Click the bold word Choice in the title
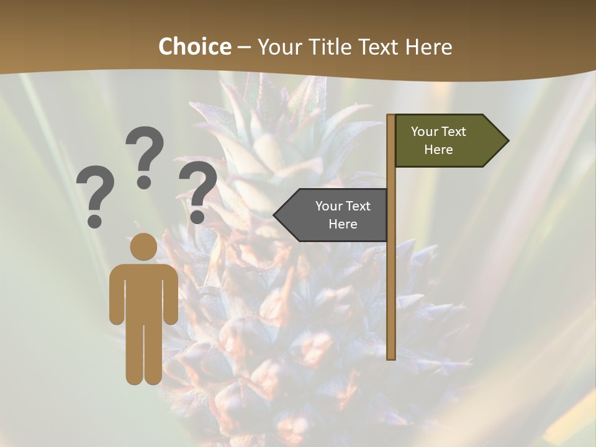pos(194,47)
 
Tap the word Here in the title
pos(428,47)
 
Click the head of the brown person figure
pos(143,246)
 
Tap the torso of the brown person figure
pos(143,292)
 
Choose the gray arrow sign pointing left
pos(335,215)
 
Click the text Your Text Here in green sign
pos(438,140)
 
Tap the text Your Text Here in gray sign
pos(343,215)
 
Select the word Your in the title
pos(279,47)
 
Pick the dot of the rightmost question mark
pos(197,217)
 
